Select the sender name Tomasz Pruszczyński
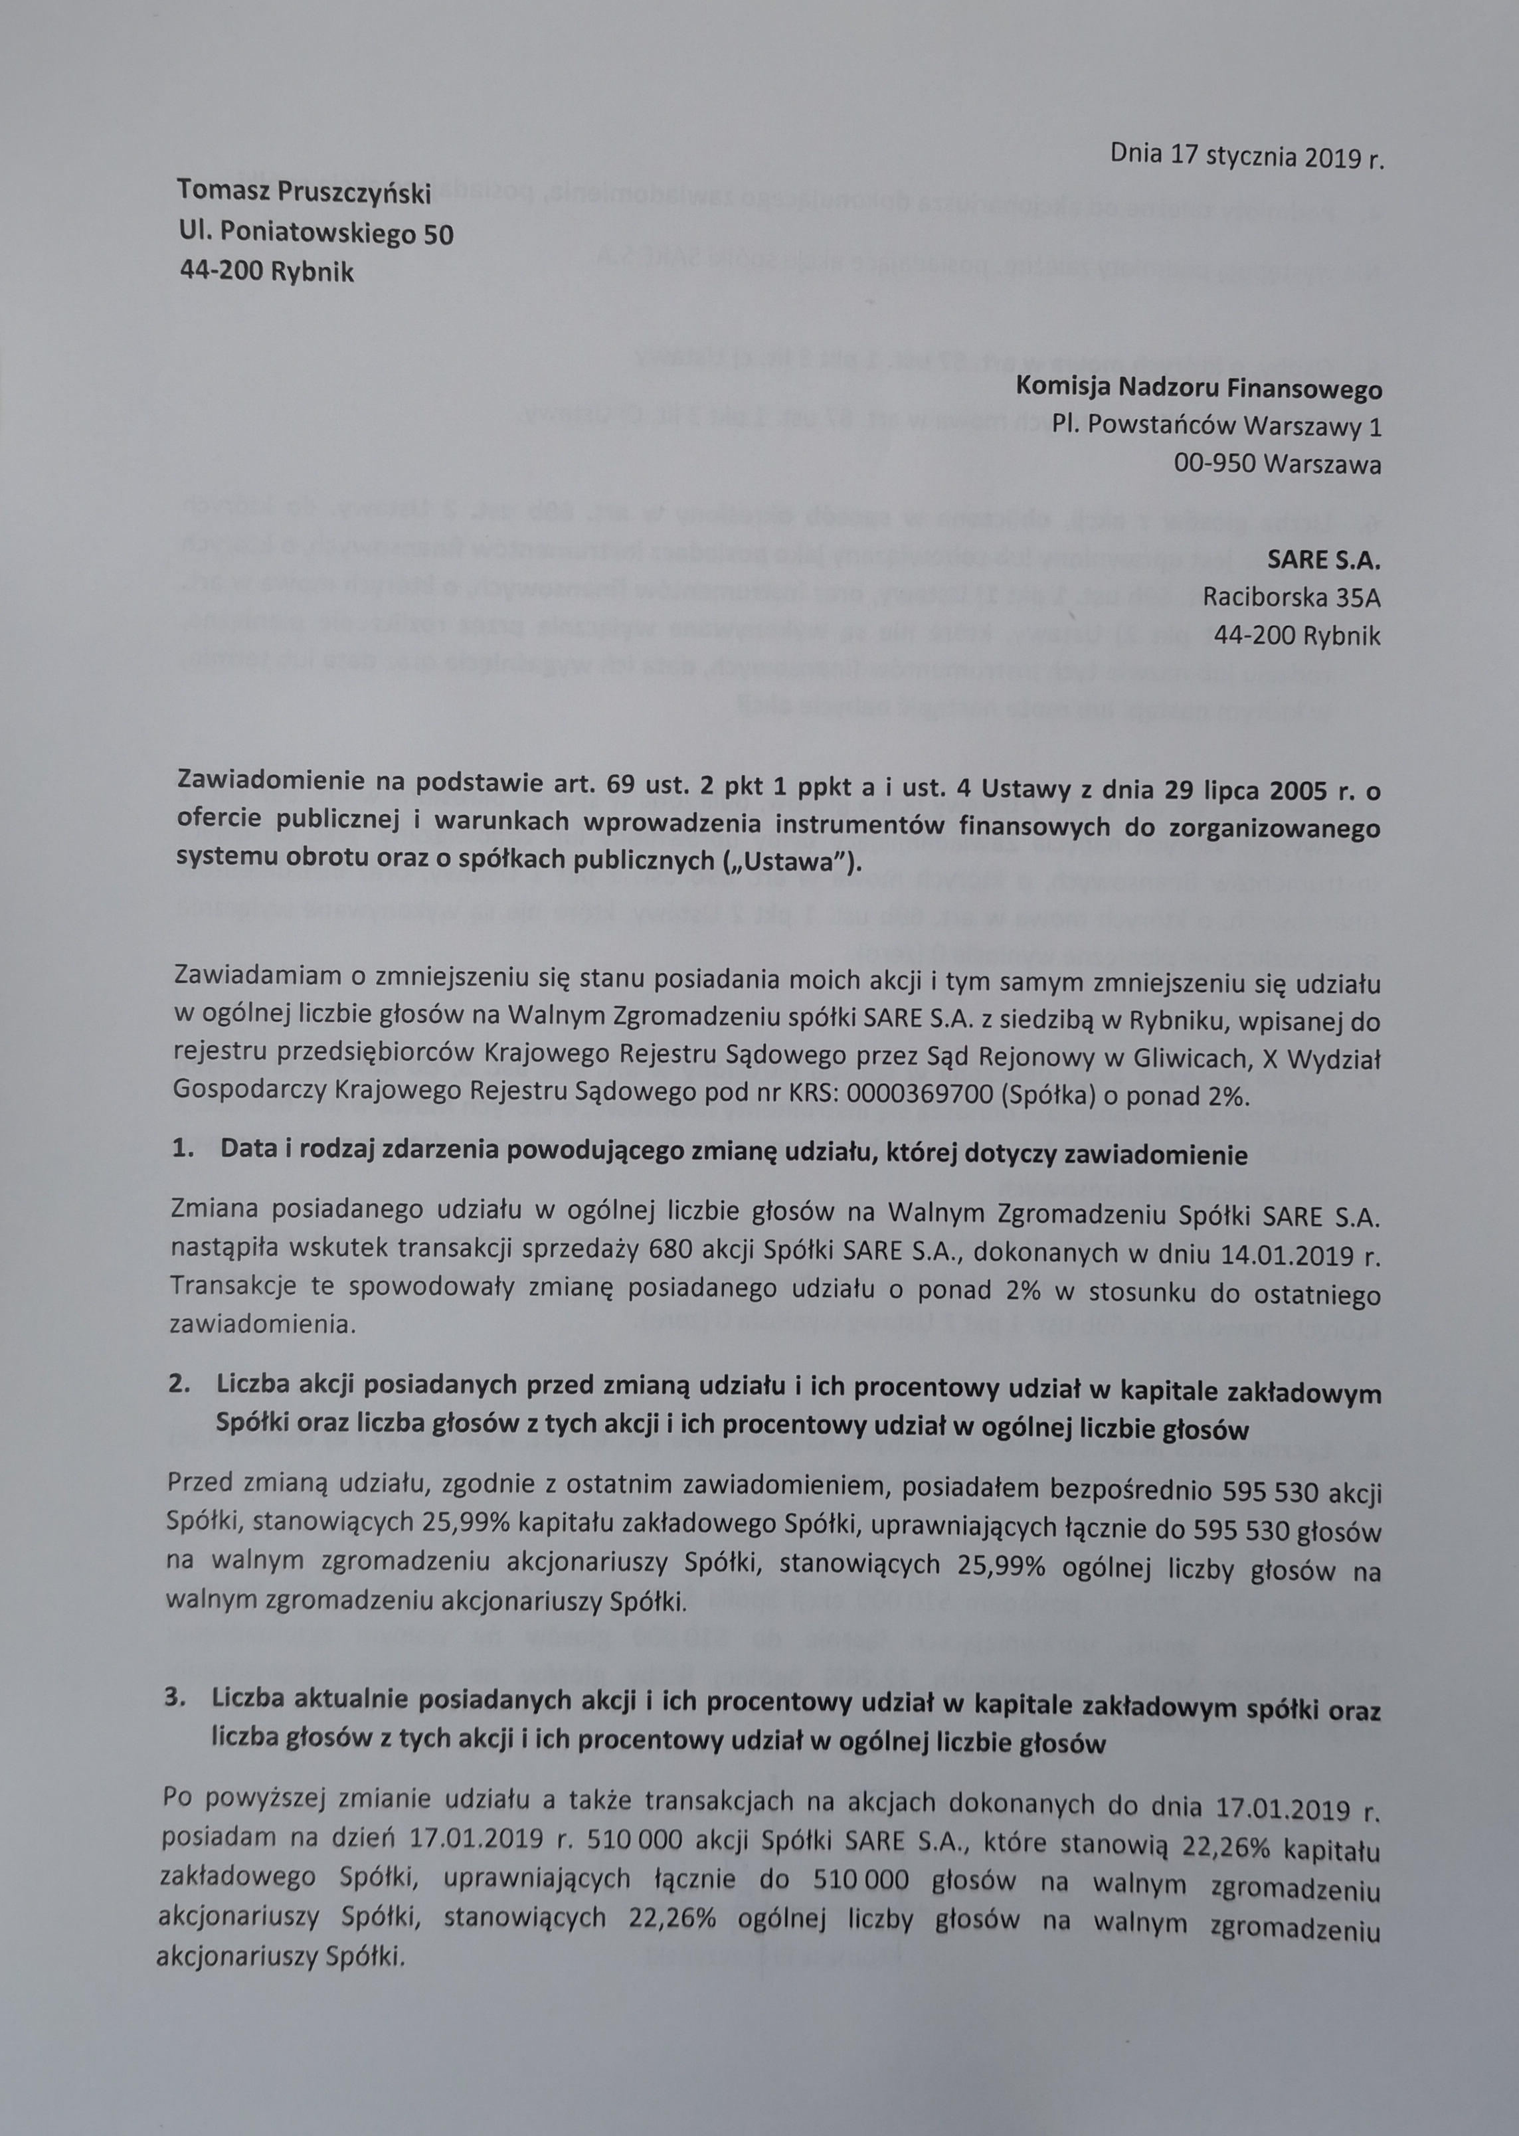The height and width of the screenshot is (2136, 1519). (x=304, y=193)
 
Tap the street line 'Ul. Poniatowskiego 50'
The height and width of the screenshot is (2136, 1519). (x=315, y=233)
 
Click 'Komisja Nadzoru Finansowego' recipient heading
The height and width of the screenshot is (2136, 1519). (x=1198, y=387)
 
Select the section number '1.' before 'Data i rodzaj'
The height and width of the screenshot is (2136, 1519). (x=183, y=1155)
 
